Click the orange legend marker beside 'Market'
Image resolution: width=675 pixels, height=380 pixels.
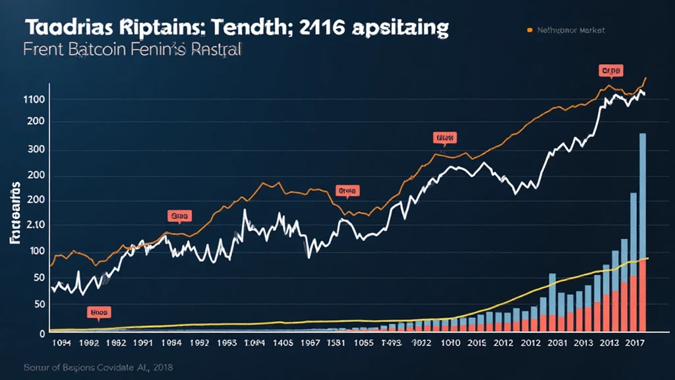point(529,30)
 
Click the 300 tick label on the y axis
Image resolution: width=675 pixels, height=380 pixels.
point(35,149)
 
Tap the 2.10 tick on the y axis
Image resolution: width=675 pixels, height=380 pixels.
point(33,225)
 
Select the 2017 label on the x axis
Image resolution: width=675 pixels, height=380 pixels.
point(634,343)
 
